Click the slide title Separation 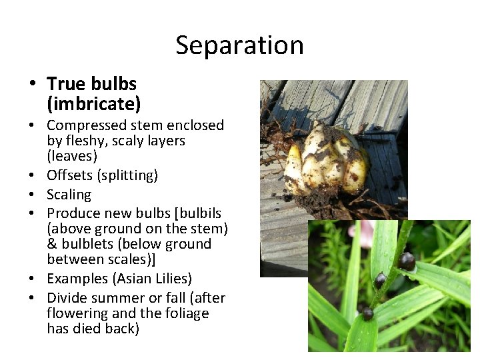click(x=239, y=45)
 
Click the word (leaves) click(x=72, y=156)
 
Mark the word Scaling click(x=69, y=195)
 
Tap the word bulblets click(x=87, y=244)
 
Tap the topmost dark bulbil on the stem click(x=407, y=261)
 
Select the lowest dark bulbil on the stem click(x=367, y=313)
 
